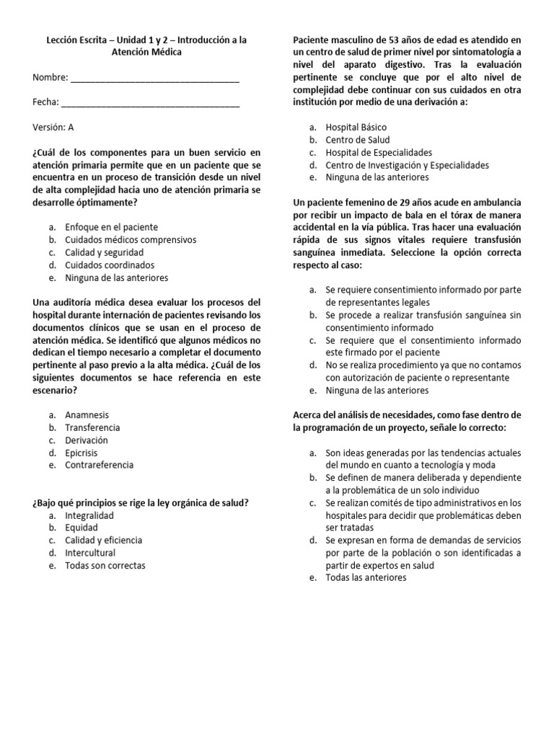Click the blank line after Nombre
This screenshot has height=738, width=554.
[154, 78]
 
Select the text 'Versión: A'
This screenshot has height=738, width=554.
[53, 127]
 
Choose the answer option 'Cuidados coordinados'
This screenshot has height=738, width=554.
[110, 264]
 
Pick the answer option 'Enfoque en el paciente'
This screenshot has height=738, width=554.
[111, 227]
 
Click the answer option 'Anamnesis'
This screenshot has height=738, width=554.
[87, 415]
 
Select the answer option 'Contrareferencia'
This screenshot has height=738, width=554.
[99, 465]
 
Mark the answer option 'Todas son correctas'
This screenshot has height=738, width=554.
[105, 565]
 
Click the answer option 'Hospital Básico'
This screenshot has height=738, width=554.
[356, 127]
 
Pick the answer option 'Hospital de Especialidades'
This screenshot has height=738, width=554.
[379, 152]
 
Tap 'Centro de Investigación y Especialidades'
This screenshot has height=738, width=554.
[407, 164]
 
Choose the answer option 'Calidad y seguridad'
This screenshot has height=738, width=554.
[105, 252]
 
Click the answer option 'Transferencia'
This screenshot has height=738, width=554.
[92, 427]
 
